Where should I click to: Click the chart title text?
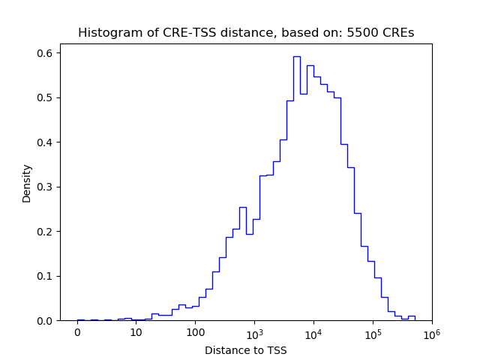click(x=246, y=33)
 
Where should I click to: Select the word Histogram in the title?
click(x=106, y=33)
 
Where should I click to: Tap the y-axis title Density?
click(x=27, y=183)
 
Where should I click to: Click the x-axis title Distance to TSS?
click(x=246, y=350)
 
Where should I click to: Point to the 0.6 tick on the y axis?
click(x=46, y=53)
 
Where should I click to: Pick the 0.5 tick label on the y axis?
click(x=46, y=97)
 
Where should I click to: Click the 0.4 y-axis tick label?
click(x=46, y=142)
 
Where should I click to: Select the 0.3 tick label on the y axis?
click(x=46, y=187)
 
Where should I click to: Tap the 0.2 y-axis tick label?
click(x=46, y=231)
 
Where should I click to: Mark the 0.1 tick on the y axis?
click(x=46, y=276)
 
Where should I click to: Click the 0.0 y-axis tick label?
click(x=46, y=320)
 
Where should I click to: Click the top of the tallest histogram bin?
click(x=296, y=56)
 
